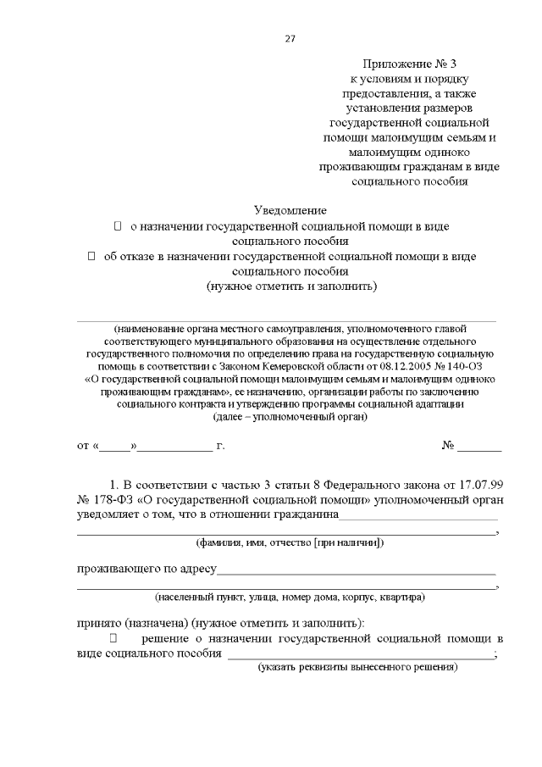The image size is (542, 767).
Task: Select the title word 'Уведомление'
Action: coord(290,209)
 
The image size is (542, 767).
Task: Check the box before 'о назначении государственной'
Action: coord(118,226)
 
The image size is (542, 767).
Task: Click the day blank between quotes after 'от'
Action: coord(119,446)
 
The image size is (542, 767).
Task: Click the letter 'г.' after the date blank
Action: coord(220,445)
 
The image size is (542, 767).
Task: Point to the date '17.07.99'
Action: coord(477,484)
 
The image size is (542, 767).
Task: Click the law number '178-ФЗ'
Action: coord(108,499)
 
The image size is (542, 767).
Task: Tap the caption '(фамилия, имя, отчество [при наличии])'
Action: coord(290,542)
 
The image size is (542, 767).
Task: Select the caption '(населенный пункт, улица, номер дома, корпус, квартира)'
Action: coord(290,597)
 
